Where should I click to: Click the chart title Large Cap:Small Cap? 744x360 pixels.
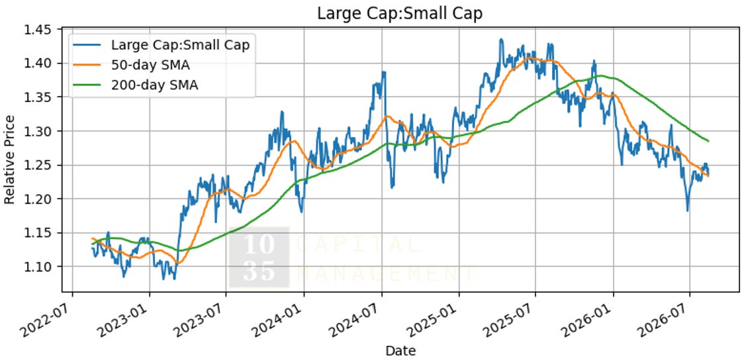[400, 13]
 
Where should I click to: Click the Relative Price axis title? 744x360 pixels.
[10, 159]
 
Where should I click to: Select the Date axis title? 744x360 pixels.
[400, 351]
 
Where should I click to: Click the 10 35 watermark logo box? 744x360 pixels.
[259, 257]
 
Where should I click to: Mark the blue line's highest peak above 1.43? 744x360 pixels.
[500, 39]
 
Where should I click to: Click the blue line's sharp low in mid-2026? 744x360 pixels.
[687, 210]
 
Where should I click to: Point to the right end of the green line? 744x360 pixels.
[708, 141]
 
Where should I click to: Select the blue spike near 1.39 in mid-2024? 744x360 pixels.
[383, 72]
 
